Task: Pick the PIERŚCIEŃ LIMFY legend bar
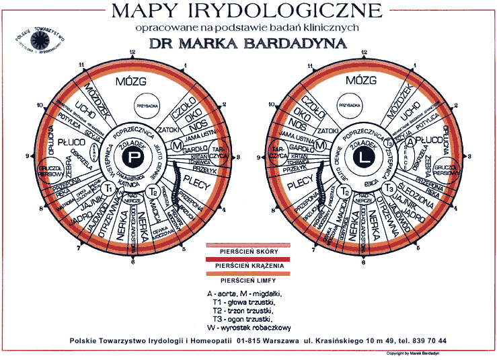(249, 279)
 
